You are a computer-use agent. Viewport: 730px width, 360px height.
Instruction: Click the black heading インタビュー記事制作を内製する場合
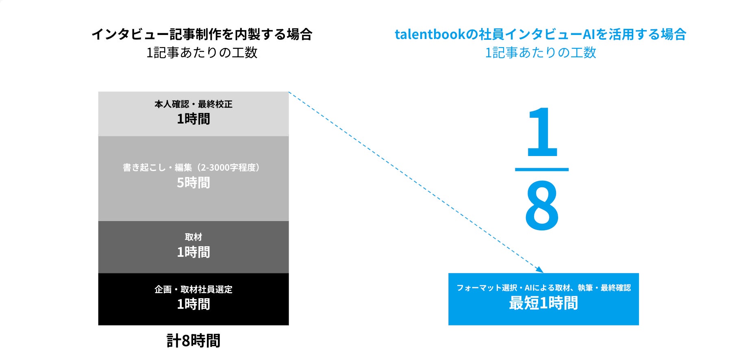(x=202, y=34)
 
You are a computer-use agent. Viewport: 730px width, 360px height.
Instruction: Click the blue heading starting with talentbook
(x=540, y=34)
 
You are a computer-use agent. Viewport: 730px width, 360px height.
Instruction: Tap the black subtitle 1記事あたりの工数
(x=202, y=52)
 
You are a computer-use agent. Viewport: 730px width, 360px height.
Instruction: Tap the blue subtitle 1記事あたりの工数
(x=540, y=52)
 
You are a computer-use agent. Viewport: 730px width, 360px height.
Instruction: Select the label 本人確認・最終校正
(x=193, y=104)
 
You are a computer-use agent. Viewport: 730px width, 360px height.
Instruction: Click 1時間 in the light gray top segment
(x=193, y=119)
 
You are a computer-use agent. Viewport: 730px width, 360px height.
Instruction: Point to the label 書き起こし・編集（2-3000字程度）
(x=191, y=167)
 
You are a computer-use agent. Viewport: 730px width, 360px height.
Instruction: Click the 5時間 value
(x=193, y=183)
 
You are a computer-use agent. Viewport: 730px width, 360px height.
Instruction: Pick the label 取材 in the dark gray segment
(x=193, y=237)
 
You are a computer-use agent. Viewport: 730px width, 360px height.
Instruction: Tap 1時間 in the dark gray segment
(x=193, y=252)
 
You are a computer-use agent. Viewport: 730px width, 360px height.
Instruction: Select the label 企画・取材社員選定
(x=193, y=289)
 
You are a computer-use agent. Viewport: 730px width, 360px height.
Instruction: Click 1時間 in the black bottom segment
(x=193, y=304)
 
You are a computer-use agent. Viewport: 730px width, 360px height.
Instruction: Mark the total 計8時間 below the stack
(x=193, y=341)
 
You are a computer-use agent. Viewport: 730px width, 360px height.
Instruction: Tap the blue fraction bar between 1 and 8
(x=541, y=169)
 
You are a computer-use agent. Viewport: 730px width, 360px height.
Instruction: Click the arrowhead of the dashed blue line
(x=540, y=270)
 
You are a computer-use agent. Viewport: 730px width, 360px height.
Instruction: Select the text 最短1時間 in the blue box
(x=543, y=303)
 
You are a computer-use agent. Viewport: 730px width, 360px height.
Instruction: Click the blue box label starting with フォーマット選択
(x=543, y=288)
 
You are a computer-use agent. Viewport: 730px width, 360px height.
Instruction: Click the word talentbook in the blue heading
(x=430, y=34)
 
